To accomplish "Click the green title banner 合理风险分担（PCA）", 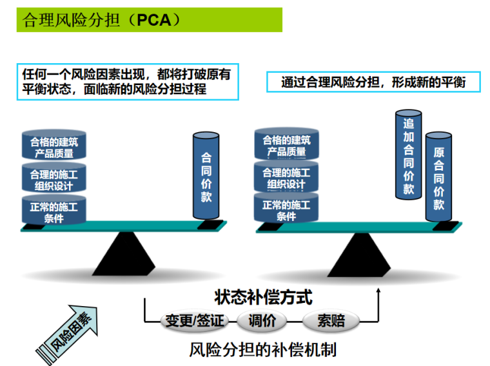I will (149, 19).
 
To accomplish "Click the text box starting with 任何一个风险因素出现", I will (128, 81).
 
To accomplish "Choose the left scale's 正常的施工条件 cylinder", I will (54, 211).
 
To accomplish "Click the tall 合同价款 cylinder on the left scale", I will (206, 177).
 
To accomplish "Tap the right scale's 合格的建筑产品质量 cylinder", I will (286, 146).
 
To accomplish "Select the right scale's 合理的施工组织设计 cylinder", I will (286, 178).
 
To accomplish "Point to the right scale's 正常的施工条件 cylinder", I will (286, 210).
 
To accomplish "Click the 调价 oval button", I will (261, 320).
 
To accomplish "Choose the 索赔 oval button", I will (331, 320).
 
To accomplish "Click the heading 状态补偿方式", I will (263, 297).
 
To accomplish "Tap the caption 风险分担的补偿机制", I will (262, 350).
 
